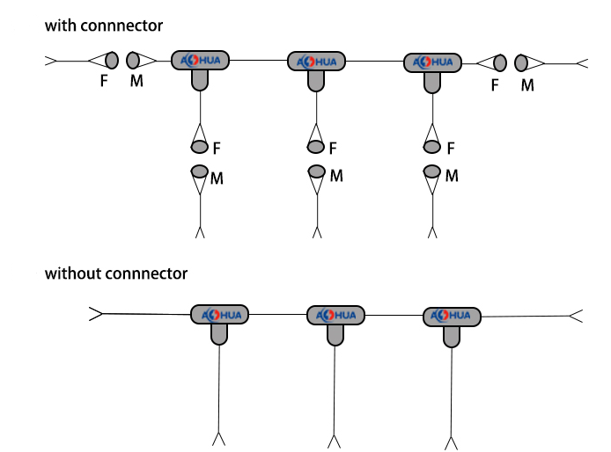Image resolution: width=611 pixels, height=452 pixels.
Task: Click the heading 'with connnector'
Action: [104, 26]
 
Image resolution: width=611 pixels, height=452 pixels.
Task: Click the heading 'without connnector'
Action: [116, 273]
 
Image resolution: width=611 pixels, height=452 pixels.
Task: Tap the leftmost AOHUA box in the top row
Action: [201, 61]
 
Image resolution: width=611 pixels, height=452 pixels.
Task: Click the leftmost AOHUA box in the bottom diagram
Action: [220, 315]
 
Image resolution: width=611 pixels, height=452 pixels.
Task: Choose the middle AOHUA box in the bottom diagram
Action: [335, 315]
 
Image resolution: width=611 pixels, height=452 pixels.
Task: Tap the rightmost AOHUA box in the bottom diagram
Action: [452, 316]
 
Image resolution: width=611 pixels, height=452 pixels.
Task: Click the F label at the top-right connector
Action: [495, 85]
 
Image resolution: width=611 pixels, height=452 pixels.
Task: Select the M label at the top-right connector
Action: [527, 85]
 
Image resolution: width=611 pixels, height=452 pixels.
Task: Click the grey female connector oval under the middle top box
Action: [316, 146]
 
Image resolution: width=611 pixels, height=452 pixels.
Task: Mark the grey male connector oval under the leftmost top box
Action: [200, 171]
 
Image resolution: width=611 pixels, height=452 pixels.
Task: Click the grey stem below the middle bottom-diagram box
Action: [335, 333]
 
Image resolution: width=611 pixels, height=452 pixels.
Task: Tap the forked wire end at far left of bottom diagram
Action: [96, 313]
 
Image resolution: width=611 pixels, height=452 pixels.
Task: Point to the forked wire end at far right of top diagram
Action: [581, 63]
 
